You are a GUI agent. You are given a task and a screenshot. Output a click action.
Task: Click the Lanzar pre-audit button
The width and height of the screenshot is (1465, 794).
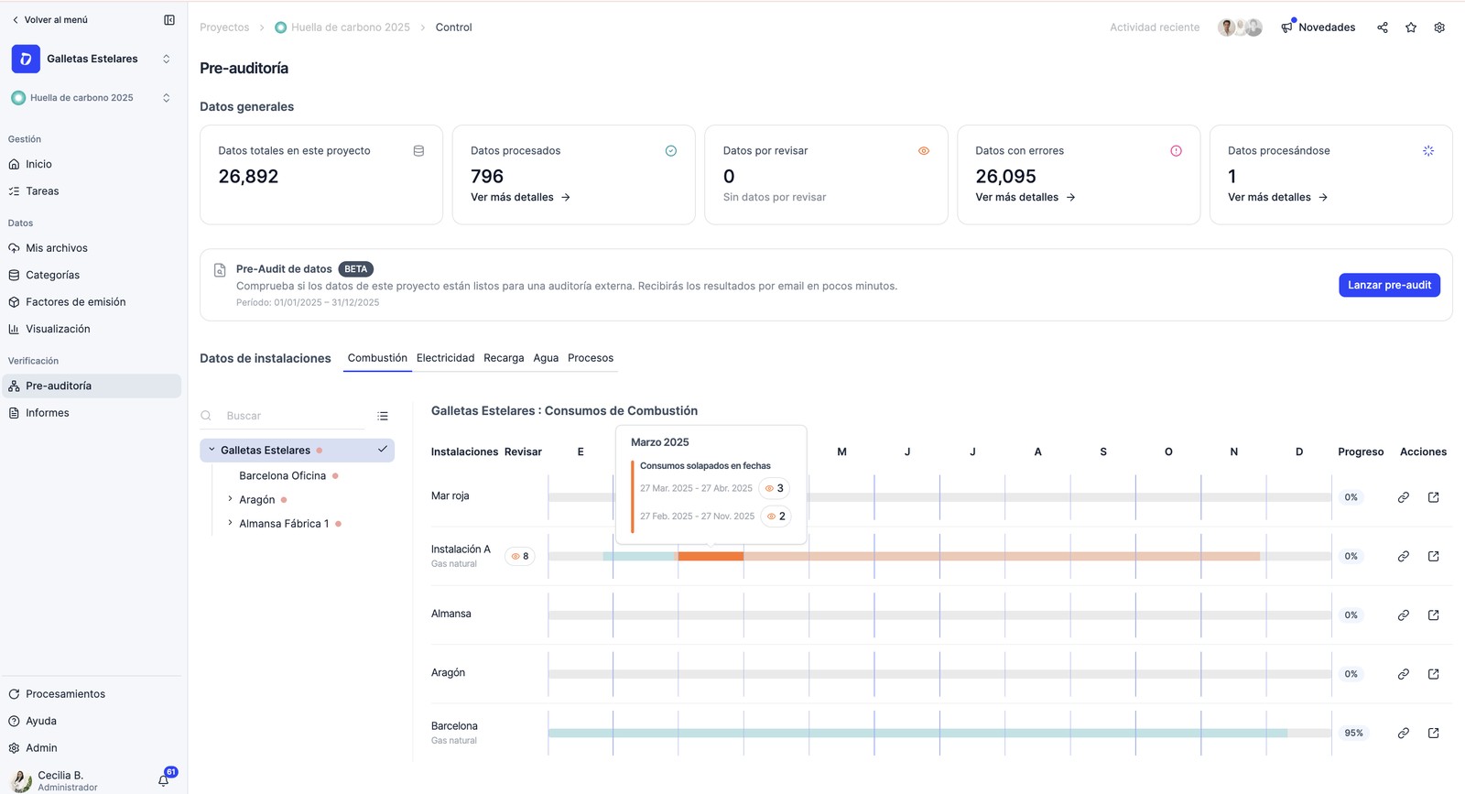1389,285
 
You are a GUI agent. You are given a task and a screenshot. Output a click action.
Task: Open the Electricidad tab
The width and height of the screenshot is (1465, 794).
445,358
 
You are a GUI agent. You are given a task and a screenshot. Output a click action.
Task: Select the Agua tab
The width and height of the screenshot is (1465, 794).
546,358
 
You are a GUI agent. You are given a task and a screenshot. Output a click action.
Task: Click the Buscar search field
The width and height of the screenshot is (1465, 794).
294,415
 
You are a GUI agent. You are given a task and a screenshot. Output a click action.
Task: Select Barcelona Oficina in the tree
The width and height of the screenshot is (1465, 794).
283,475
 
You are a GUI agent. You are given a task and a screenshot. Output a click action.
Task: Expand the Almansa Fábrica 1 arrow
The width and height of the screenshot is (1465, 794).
230,523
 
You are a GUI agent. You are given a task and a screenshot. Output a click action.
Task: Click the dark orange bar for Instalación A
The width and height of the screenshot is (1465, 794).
711,556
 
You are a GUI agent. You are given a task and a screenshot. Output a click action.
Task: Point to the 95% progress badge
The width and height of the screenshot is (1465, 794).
1353,733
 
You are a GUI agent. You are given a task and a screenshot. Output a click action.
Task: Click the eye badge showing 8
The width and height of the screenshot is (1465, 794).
520,556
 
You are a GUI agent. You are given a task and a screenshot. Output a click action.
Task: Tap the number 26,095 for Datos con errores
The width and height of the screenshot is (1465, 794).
1005,176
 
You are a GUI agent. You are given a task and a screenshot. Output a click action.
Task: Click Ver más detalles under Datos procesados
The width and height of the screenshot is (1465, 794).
520,197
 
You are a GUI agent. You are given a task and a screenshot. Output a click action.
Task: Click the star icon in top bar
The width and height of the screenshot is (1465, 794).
1411,27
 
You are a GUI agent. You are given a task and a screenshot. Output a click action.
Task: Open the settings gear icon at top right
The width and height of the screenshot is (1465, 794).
1439,27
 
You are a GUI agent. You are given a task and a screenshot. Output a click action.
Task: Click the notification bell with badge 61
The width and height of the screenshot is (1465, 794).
164,779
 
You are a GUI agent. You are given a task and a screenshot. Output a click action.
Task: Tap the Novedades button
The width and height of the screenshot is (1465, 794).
1318,27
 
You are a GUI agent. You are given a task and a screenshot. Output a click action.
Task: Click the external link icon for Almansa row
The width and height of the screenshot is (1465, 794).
1433,615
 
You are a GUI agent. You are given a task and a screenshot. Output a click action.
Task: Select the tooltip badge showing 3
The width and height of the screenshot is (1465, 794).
774,488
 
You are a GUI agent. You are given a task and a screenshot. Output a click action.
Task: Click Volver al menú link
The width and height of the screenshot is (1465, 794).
49,19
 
